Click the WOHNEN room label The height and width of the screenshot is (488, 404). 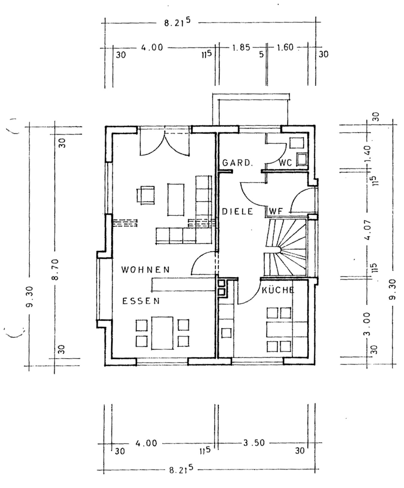(145, 269)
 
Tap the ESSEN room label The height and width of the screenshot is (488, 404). (141, 301)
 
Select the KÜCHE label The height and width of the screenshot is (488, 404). (278, 290)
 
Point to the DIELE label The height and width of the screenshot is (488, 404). (238, 212)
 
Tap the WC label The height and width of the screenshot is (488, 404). (286, 163)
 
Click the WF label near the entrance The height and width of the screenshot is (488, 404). (276, 211)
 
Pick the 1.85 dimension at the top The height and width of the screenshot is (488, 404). (241, 48)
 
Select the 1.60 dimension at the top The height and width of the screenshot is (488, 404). (285, 47)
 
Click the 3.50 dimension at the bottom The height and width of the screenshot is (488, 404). (253, 443)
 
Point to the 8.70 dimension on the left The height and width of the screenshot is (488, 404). (56, 269)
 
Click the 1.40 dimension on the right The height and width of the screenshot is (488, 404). (368, 154)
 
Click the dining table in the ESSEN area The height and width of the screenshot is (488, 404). (162, 333)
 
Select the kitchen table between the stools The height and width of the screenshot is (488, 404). (279, 330)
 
